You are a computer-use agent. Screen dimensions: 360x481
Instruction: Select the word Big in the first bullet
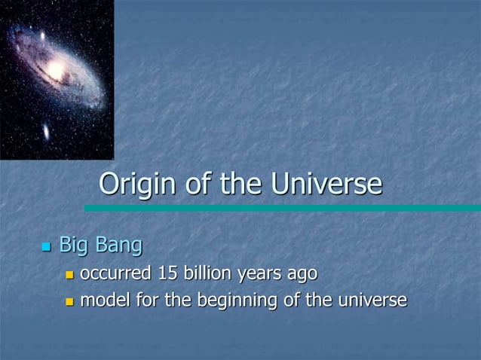[74, 246]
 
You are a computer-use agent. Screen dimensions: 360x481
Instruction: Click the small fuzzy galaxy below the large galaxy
[46, 133]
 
